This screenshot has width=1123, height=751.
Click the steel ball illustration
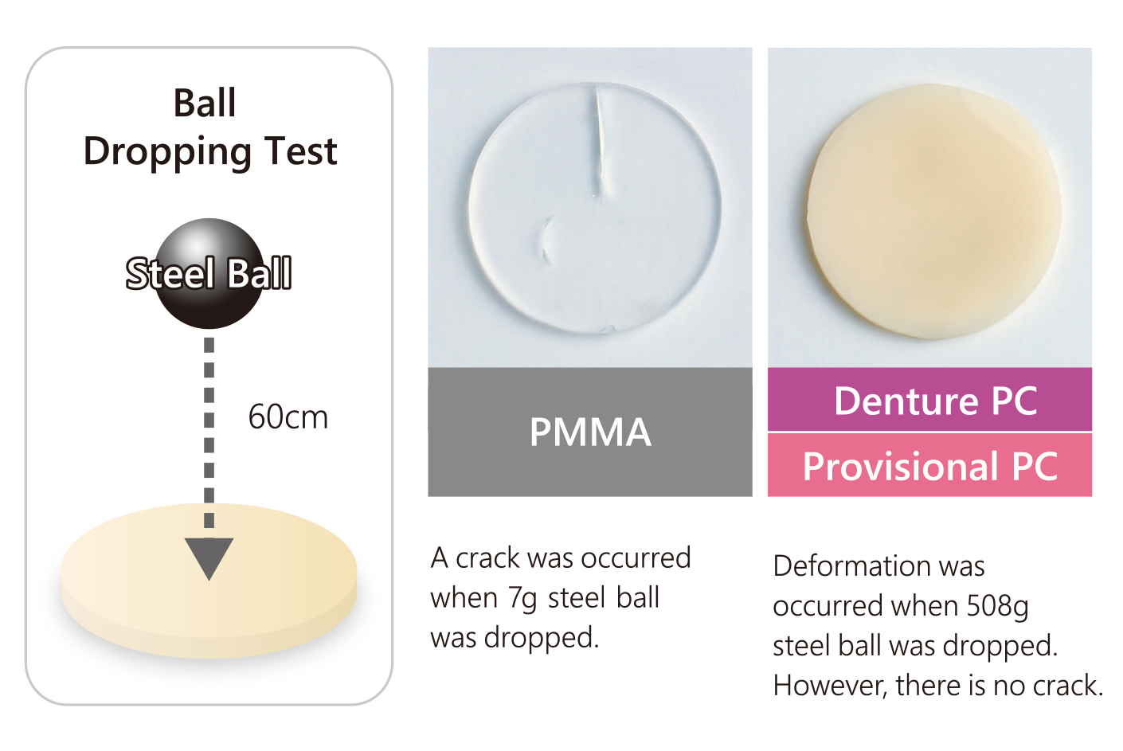coord(209,273)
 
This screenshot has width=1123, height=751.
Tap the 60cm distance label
coord(288,417)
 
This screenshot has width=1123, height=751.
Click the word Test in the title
coord(301,151)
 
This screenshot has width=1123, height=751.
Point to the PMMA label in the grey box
coord(590,432)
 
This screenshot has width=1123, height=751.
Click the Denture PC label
coord(936,401)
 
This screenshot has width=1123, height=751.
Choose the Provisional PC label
coord(930,466)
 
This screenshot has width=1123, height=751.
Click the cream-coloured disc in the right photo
coord(933,210)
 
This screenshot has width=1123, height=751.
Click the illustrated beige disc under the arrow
coord(209,581)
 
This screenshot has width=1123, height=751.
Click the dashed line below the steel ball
coord(209,433)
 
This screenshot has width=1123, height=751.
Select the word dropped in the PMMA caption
coord(542,638)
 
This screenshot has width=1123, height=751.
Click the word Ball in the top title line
coord(205,104)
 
